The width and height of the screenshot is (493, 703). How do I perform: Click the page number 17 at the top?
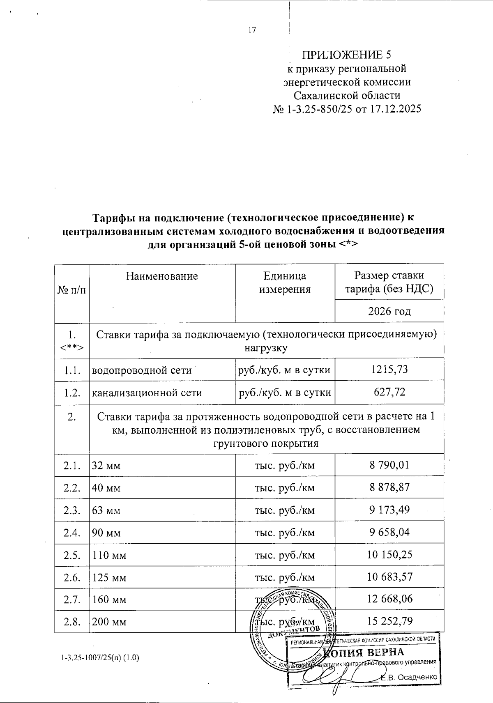(x=252, y=30)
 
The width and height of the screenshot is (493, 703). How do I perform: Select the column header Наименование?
(x=162, y=276)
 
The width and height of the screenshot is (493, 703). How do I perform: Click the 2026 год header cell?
(x=389, y=311)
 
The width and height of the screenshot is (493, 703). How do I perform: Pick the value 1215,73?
(x=389, y=369)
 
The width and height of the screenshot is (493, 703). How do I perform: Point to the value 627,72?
(x=389, y=392)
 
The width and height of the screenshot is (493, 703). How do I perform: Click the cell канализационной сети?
(x=147, y=393)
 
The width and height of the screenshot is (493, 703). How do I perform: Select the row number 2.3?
(x=72, y=510)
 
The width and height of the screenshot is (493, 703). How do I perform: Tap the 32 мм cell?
(x=106, y=466)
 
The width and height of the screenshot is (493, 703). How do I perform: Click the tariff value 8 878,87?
(x=389, y=487)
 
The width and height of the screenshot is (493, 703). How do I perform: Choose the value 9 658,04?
(x=389, y=532)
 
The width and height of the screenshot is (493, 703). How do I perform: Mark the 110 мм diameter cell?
(x=109, y=556)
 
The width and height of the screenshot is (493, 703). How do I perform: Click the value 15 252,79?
(x=389, y=621)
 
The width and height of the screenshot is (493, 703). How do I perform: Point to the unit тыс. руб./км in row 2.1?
(x=285, y=466)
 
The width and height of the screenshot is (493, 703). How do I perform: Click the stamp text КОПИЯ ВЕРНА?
(x=364, y=652)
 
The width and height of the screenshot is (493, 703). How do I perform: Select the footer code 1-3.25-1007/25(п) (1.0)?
(x=100, y=658)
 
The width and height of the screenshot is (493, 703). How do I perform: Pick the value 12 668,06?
(x=389, y=599)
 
